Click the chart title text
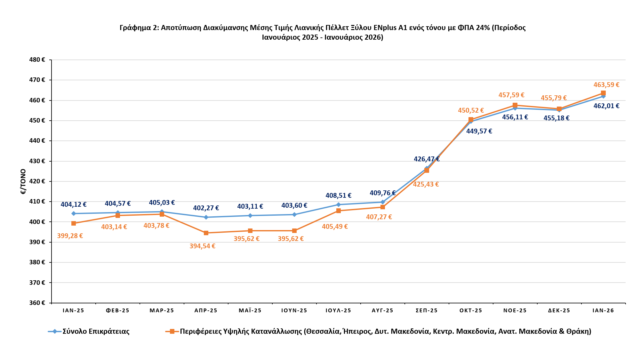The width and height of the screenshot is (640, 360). point(323,32)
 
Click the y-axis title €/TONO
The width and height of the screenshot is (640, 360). point(23,181)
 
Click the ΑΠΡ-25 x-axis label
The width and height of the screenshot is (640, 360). point(206,310)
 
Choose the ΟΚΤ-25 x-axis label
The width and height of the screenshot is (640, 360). point(471,310)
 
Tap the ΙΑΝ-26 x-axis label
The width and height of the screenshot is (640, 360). point(603,310)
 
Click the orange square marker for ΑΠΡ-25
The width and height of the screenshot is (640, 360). point(206,233)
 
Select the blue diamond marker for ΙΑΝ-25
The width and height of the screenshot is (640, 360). point(74,213)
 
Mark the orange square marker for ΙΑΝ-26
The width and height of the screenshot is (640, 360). point(603,93)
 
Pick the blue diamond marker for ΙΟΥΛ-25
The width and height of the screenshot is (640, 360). point(339,204)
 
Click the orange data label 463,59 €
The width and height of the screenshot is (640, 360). point(606,85)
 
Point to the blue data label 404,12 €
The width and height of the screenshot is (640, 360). point(74,204)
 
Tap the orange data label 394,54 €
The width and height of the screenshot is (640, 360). point(203,246)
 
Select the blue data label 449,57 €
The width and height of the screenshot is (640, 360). point(479,131)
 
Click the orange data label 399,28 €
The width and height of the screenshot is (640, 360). point(70,236)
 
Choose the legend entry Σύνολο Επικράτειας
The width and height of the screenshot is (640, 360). point(96,331)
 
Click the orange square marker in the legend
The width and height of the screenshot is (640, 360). point(172,331)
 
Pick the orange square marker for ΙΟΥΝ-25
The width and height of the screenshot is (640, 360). point(294,231)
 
